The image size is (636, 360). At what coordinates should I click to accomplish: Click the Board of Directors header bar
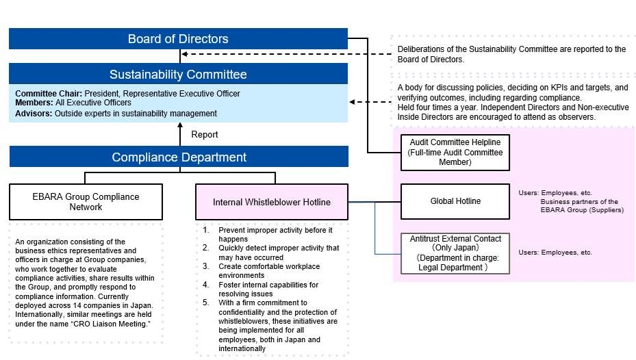point(178,39)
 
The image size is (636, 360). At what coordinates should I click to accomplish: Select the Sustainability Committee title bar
point(178,74)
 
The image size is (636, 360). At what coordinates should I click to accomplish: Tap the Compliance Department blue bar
point(179,157)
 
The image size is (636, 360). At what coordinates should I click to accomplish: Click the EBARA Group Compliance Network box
point(86,202)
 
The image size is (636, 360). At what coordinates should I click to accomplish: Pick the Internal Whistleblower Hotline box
point(272,202)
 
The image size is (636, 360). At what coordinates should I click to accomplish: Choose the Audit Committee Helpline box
point(455,152)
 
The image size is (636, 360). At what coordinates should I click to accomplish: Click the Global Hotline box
point(455,201)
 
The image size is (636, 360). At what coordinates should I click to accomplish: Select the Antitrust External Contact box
point(455,253)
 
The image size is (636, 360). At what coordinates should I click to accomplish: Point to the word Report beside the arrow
point(205,135)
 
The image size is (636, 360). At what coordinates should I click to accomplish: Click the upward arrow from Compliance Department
point(179,134)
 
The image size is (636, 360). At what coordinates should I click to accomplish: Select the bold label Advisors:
point(34,113)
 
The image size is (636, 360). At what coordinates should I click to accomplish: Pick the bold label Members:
point(34,103)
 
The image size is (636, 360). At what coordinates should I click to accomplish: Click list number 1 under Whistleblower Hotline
point(206,230)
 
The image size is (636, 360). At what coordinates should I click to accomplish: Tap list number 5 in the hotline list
point(206,303)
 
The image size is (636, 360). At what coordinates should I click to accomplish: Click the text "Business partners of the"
point(579,202)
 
